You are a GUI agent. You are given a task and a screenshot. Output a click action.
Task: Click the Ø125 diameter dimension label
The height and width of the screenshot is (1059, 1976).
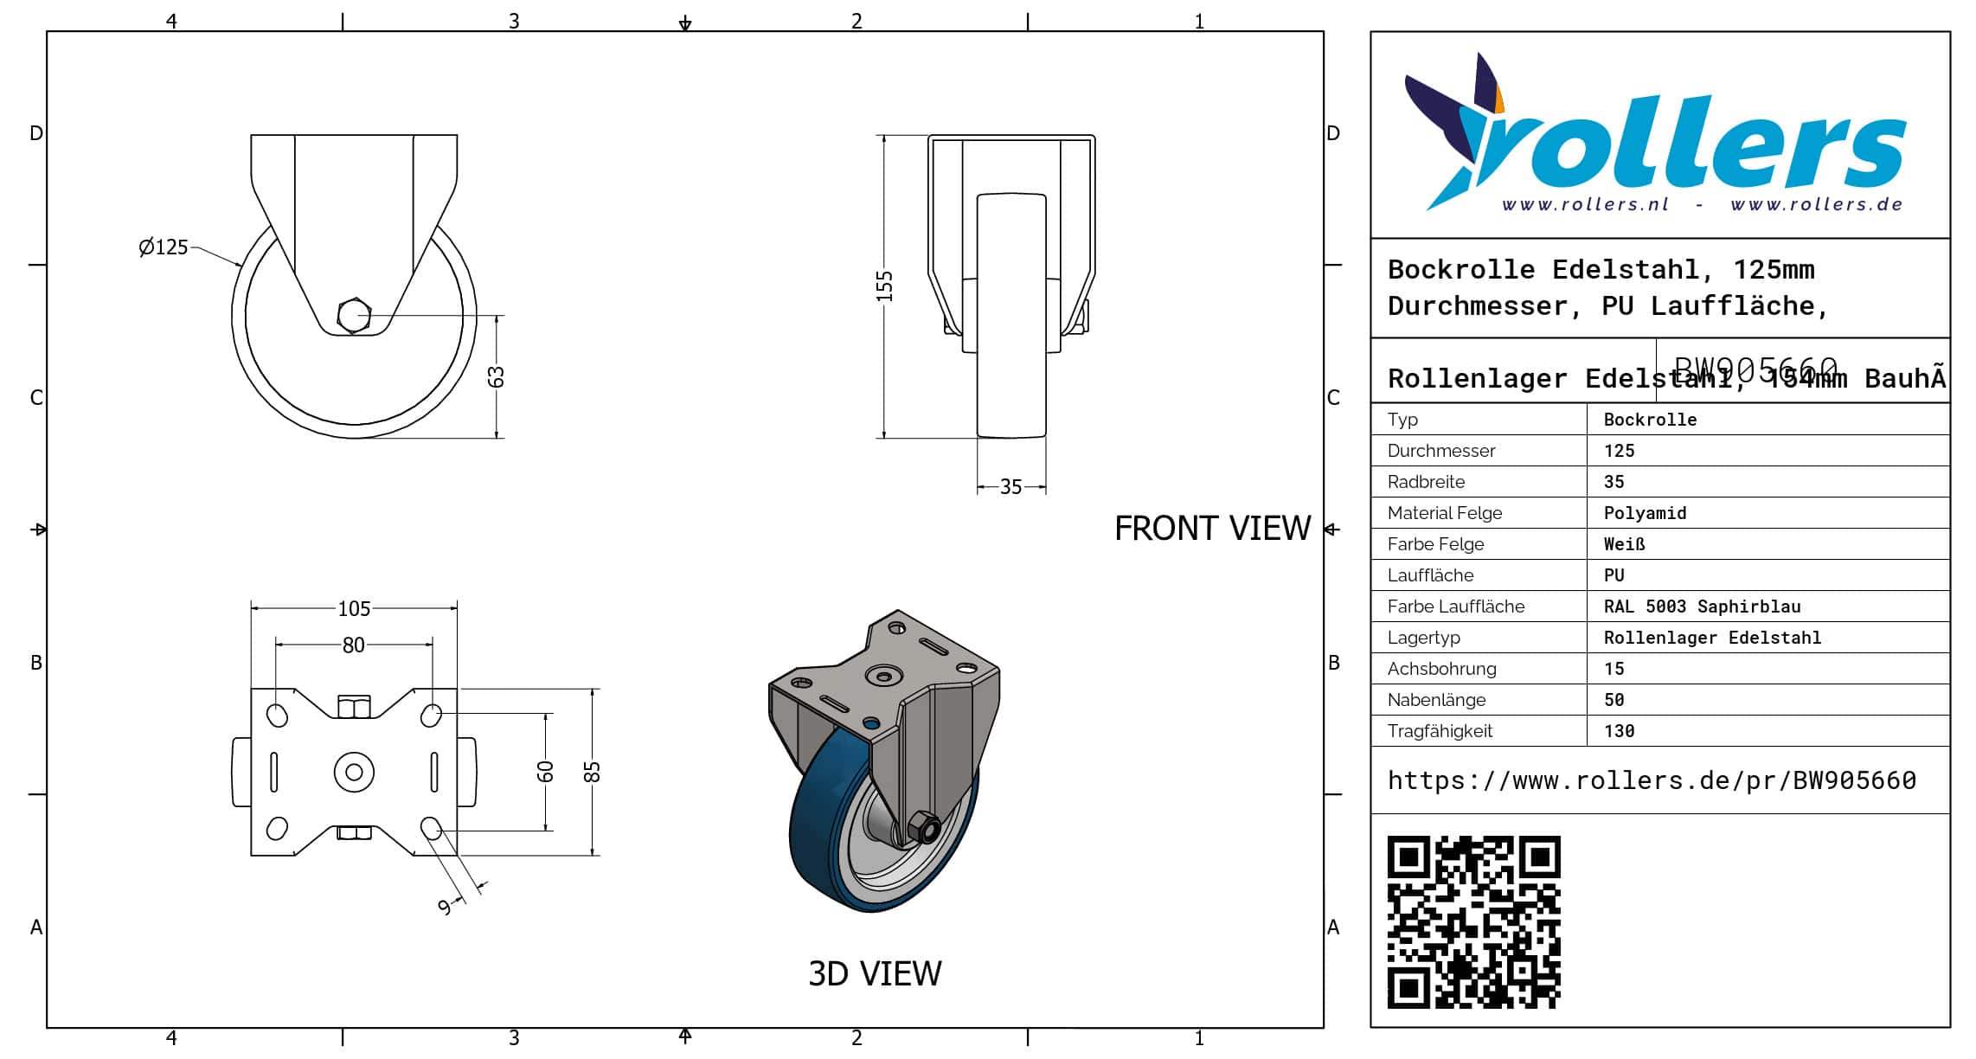[x=163, y=247]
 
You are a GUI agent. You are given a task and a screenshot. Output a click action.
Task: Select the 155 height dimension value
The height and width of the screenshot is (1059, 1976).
[x=884, y=286]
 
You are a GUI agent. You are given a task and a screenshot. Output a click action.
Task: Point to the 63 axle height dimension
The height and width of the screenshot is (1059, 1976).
[x=496, y=376]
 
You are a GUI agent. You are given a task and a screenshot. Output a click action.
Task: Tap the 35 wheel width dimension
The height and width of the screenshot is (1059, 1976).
[x=1010, y=487]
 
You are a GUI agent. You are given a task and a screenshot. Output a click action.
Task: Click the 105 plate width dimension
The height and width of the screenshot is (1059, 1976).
[x=354, y=609]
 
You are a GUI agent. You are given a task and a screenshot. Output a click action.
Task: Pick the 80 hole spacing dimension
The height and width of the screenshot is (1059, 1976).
[x=353, y=645]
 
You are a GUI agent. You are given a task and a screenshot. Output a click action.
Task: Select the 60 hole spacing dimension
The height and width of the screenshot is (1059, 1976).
[x=545, y=771]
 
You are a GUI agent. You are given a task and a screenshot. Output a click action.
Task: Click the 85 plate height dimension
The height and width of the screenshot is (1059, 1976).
[x=592, y=772]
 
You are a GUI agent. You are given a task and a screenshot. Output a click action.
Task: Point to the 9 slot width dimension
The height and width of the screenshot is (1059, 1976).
[x=445, y=906]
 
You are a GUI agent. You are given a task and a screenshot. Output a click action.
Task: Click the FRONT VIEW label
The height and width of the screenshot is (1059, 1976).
[x=1212, y=529]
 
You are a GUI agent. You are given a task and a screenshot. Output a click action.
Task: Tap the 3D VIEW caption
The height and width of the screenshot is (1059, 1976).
[x=875, y=974]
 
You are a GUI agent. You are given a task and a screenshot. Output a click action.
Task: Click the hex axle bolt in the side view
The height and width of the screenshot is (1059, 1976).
[x=354, y=316]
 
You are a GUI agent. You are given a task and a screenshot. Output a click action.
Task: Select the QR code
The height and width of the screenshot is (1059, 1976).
[x=1473, y=921]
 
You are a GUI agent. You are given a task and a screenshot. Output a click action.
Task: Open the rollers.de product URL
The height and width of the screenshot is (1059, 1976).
[x=1652, y=780]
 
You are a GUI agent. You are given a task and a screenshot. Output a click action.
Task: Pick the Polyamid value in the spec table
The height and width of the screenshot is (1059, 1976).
[x=1645, y=513]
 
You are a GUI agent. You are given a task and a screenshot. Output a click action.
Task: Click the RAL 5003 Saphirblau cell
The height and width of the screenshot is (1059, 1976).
[x=1702, y=607]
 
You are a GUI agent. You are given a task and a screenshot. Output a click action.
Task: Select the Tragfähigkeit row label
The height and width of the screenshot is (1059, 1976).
[x=1440, y=731]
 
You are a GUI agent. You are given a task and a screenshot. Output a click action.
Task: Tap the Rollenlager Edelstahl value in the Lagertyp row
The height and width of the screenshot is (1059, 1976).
[x=1712, y=638]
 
